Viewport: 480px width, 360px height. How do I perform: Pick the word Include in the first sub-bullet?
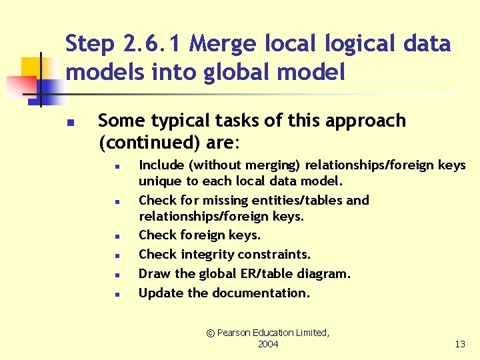pos(158,165)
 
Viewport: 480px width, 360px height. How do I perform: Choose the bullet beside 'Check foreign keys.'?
pos(116,236)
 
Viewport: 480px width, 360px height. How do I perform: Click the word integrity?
pos(211,254)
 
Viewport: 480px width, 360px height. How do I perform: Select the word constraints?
pos(278,254)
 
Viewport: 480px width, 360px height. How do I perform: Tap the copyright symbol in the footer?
pos(211,333)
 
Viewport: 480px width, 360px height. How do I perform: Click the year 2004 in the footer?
pos(267,344)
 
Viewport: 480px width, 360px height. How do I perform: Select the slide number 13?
pos(459,344)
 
